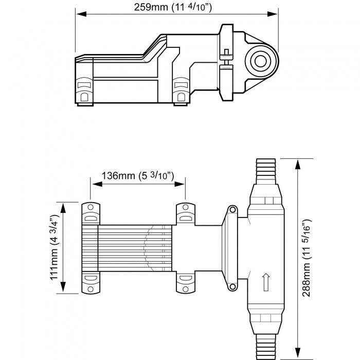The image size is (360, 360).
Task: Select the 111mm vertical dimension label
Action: coord(52,248)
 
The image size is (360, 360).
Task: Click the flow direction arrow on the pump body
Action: coord(266,281)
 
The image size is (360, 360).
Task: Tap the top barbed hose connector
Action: coord(266,171)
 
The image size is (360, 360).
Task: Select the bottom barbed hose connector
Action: coord(266,346)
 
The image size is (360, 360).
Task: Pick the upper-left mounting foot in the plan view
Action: coord(91,213)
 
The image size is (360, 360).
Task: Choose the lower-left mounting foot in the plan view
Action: coord(91,284)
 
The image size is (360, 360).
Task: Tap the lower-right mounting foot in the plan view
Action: coord(186,283)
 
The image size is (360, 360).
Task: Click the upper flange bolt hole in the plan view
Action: coord(232,210)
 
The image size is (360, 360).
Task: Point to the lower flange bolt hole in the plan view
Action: coord(232,287)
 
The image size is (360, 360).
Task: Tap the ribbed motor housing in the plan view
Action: coord(131,248)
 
